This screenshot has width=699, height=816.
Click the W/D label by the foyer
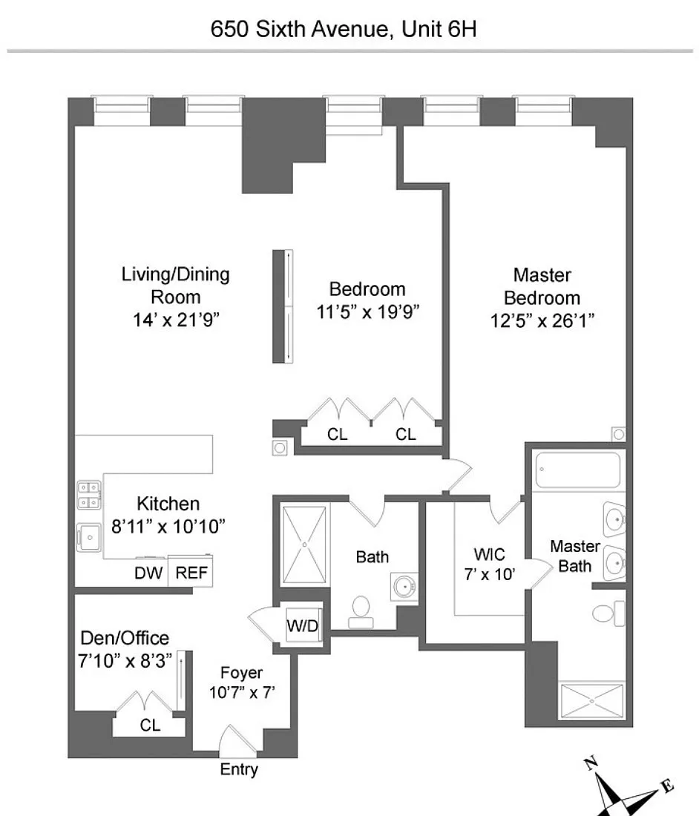click(x=302, y=625)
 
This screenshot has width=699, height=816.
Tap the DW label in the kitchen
click(x=149, y=573)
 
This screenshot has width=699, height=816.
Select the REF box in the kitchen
click(x=191, y=572)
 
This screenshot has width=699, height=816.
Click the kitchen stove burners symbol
click(x=89, y=495)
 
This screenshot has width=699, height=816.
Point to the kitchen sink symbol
click(x=89, y=537)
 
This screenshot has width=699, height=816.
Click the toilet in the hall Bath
click(x=361, y=612)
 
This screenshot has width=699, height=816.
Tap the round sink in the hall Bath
click(x=404, y=588)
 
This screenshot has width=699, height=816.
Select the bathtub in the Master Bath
click(x=578, y=470)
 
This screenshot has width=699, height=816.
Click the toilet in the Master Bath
click(x=608, y=613)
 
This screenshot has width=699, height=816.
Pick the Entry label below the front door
click(x=239, y=769)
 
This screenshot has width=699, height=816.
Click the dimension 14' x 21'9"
click(x=176, y=320)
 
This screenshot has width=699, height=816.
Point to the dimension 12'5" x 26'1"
click(x=542, y=320)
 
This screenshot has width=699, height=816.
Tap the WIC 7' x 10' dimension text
click(x=489, y=574)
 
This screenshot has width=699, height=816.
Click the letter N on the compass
click(x=591, y=764)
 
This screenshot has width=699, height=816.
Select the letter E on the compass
click(x=668, y=786)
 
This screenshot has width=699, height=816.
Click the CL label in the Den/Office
click(x=150, y=725)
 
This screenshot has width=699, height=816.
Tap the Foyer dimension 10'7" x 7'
click(x=242, y=693)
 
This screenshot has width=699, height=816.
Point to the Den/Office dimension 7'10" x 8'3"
click(x=125, y=661)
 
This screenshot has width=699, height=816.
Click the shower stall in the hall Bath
click(x=304, y=544)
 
